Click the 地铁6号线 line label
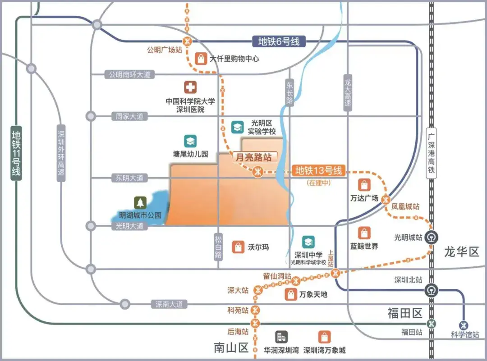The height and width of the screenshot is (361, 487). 279,42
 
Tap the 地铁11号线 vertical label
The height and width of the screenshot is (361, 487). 17,153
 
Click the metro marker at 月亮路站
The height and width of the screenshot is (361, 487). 257,172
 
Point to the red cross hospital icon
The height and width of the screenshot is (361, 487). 190,87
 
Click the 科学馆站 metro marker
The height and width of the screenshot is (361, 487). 464,325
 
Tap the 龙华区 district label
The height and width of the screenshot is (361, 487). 461,251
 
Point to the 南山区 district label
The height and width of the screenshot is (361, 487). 231,347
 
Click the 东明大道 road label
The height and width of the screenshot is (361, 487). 129,178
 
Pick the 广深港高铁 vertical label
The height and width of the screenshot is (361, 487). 432,151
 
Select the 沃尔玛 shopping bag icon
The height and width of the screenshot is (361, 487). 238,247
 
